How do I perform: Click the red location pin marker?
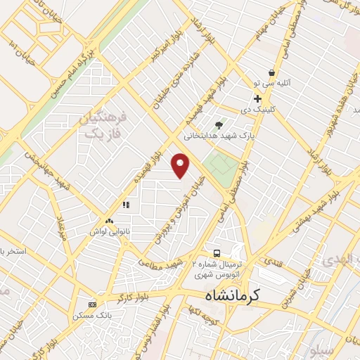tap(182, 165)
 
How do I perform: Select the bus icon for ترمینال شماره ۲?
tap(218, 253)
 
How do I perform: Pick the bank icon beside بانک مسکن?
tap(93, 304)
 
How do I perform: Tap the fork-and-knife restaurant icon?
tap(126, 205)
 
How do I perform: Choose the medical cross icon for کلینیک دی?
tap(258, 98)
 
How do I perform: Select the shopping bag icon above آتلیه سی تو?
tap(271, 72)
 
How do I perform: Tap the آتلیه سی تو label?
tap(280, 83)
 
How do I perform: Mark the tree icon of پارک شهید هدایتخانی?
tap(229, 124)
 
